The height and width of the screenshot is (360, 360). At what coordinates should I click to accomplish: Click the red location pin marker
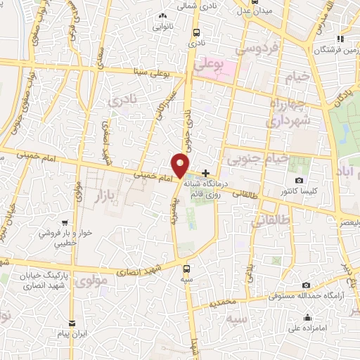tap(181, 166)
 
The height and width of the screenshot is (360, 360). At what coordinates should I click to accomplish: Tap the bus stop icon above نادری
tap(195, 32)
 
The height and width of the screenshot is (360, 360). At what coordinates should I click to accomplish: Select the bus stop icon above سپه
tap(186, 269)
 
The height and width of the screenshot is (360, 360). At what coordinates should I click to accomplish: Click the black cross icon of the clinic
tap(205, 173)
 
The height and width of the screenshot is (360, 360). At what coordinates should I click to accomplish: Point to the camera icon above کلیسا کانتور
tap(300, 181)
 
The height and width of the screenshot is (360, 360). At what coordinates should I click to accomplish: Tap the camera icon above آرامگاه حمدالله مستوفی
tap(306, 285)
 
